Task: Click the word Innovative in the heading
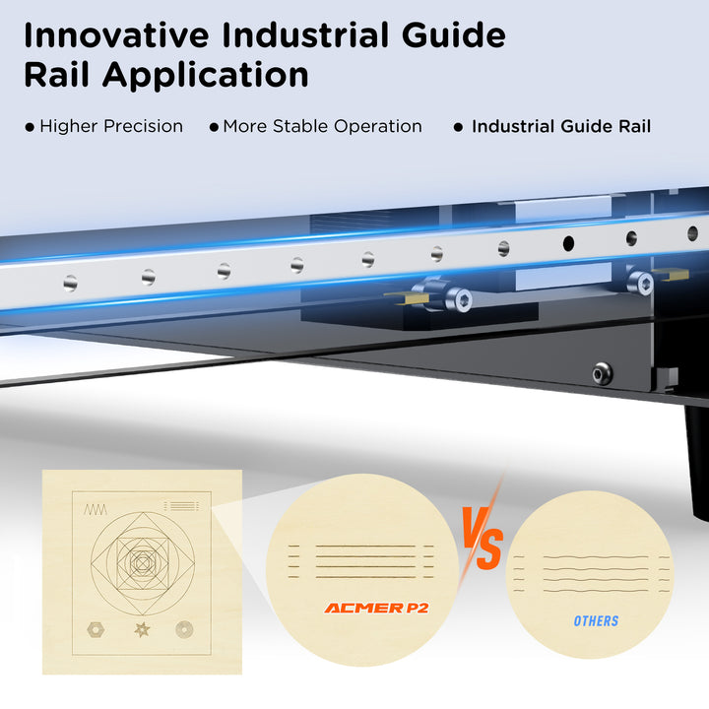tap(116, 35)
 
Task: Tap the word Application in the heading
tap(205, 76)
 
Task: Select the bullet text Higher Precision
tap(111, 126)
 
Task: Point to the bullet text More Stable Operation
tap(322, 126)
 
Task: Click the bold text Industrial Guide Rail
tap(561, 126)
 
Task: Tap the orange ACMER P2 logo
tap(376, 608)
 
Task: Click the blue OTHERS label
tap(596, 620)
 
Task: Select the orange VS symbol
tap(482, 538)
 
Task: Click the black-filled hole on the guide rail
tap(568, 243)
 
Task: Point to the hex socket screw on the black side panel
tap(603, 374)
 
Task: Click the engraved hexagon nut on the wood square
tap(96, 629)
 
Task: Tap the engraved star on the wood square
tap(142, 629)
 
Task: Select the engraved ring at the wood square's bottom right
tap(184, 629)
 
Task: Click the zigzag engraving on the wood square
tap(96, 510)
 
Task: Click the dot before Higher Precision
tap(30, 127)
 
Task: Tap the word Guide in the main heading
tap(454, 35)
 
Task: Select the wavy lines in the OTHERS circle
tap(593, 574)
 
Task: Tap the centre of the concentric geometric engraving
tap(143, 563)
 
